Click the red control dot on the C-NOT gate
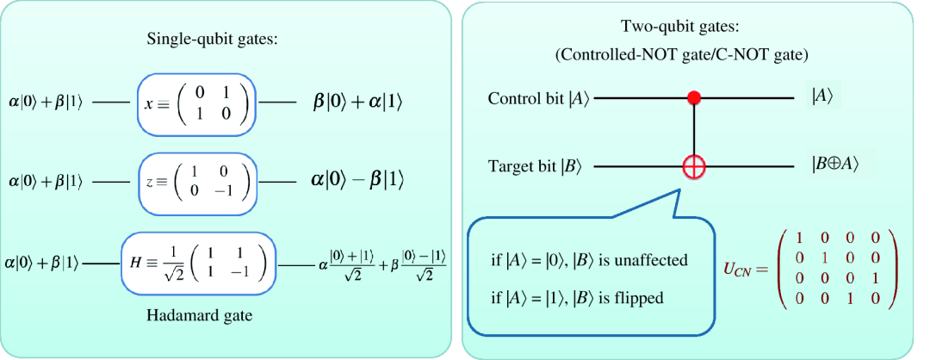(x=695, y=98)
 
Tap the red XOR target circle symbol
(x=695, y=164)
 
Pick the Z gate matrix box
(x=196, y=180)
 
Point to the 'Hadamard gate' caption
(x=198, y=315)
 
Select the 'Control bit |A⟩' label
(x=537, y=98)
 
